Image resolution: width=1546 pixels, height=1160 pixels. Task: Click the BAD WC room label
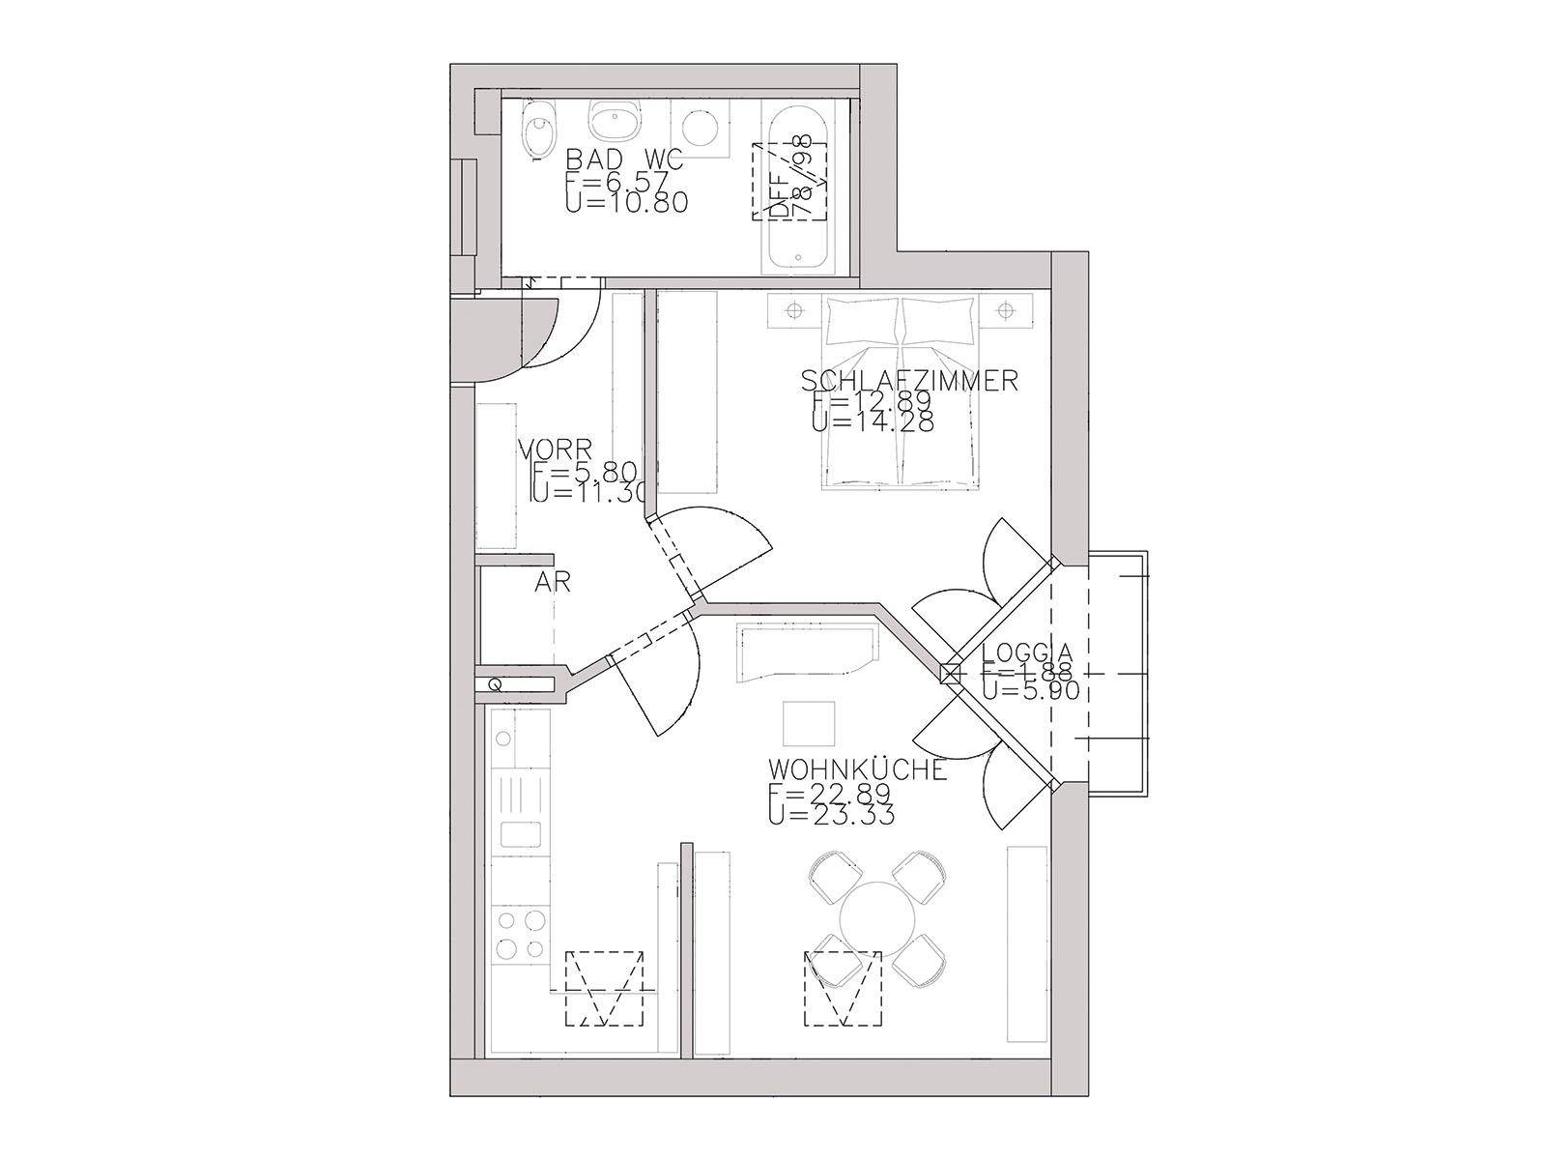pos(624,159)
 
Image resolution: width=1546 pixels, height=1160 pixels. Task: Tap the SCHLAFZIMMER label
pos(909,380)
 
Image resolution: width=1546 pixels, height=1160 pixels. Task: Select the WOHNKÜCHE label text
pos(856,770)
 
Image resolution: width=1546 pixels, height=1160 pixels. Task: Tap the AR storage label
pos(553,582)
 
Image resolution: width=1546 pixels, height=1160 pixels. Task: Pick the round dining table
pos(878,915)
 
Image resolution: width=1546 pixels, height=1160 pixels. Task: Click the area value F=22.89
pos(829,793)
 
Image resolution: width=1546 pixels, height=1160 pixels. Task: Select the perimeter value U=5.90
pos(1030,690)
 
